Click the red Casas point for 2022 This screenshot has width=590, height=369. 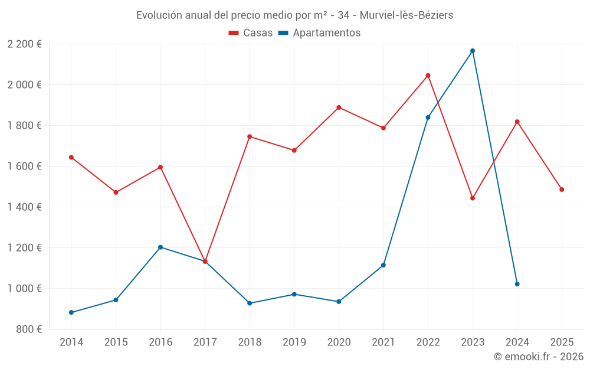[428, 76]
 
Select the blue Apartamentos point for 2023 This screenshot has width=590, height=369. [473, 51]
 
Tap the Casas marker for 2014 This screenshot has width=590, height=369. [71, 158]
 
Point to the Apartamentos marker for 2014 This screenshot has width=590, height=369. [71, 312]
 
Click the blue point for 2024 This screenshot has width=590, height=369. [517, 284]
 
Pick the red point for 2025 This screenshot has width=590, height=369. [562, 190]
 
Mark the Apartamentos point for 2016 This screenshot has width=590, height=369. [160, 247]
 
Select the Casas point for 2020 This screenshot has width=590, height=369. [339, 107]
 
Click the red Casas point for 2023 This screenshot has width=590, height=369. [473, 198]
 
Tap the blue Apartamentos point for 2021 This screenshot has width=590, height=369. [383, 265]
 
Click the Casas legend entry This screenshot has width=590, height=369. [251, 33]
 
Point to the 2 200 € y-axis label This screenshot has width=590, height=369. [24, 44]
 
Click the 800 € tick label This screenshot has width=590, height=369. [28, 329]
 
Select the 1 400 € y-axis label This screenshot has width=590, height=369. [24, 207]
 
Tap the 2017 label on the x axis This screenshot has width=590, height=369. [205, 342]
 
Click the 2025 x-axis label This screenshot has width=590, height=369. [562, 342]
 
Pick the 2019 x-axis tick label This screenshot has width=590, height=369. [294, 342]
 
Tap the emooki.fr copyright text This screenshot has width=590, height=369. [538, 357]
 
